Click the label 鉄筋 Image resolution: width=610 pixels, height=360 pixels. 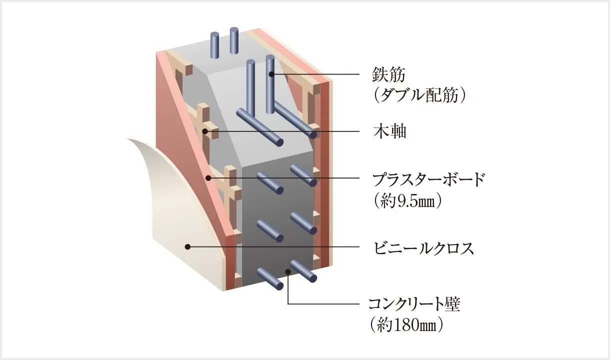[388, 74]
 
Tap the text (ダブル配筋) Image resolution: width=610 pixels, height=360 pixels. [419, 95]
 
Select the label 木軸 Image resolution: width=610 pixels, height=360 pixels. [389, 131]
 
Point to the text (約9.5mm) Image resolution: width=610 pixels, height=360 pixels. [407, 200]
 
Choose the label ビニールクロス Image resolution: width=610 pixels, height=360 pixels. [423, 248]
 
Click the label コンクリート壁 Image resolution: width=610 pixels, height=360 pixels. [414, 304]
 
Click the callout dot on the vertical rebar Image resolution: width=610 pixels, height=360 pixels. [270, 74]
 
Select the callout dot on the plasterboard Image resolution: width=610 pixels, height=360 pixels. [208, 178]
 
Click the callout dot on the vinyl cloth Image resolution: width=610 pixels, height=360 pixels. [187, 246]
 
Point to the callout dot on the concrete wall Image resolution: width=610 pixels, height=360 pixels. [288, 271]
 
